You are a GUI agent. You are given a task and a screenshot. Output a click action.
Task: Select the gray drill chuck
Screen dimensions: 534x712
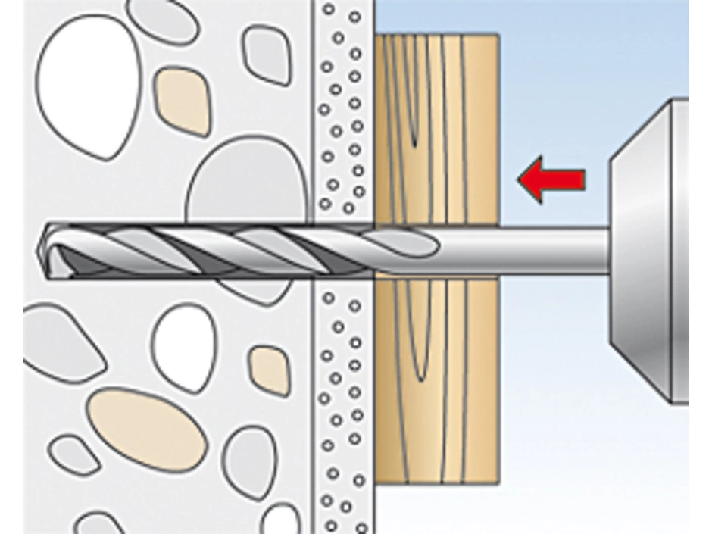[651, 250]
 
